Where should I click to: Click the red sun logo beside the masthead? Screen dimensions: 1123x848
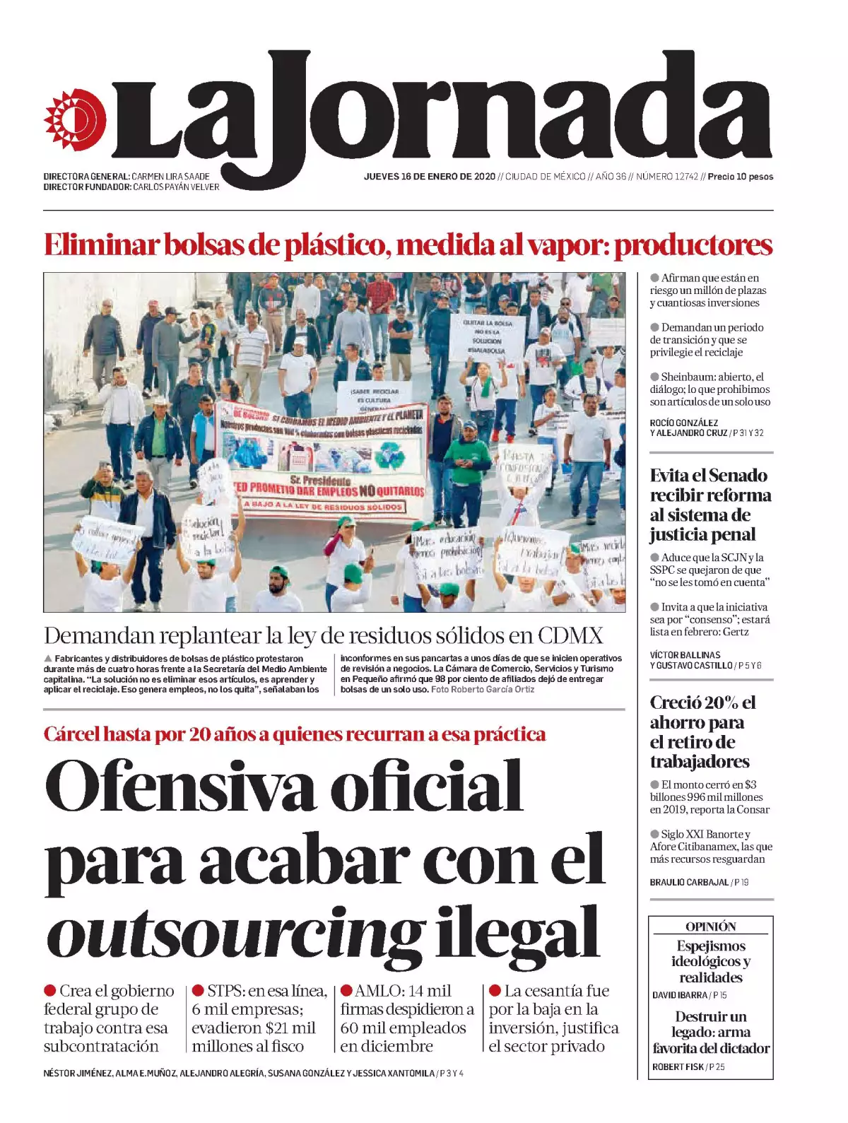(75, 119)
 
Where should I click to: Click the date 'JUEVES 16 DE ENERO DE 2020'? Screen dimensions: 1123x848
(429, 177)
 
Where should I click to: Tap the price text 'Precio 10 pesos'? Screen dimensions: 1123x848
(740, 177)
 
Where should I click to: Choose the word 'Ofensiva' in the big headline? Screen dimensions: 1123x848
(180, 786)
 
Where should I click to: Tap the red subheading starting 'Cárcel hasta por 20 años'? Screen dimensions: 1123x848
(294, 734)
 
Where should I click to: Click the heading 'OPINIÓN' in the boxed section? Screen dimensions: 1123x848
(710, 927)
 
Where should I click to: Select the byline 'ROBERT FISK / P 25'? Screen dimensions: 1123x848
(688, 1066)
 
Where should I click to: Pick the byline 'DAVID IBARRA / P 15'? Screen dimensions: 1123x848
(689, 995)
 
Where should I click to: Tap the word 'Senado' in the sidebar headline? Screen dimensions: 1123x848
(738, 475)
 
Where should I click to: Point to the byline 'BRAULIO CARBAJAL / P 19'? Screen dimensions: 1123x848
(698, 882)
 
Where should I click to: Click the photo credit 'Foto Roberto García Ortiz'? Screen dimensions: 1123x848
(483, 689)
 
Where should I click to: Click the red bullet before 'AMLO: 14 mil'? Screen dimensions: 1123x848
(346, 991)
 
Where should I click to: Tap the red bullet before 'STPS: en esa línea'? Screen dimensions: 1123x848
(198, 991)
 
